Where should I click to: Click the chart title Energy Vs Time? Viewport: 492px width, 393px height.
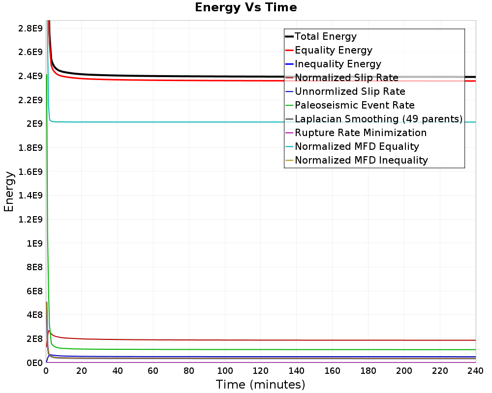[246, 7]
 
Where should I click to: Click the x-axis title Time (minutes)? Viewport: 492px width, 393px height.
[260, 384]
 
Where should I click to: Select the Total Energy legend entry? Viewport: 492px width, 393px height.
[325, 36]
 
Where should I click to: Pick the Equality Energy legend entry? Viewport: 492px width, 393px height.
[333, 50]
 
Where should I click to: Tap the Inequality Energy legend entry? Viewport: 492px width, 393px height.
[338, 64]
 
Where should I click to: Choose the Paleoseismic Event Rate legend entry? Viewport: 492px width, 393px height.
[354, 105]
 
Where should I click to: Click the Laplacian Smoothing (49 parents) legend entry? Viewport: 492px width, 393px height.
[378, 119]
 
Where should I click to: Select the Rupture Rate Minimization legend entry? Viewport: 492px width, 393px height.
[361, 133]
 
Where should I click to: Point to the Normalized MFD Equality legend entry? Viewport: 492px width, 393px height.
[357, 146]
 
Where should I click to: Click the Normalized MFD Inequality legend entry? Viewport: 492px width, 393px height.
[361, 160]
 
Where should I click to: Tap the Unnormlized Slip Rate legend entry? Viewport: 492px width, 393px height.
[350, 91]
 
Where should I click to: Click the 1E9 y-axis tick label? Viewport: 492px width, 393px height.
[33, 243]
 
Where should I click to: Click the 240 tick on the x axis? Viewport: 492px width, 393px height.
[475, 371]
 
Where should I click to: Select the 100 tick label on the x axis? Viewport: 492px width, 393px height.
[225, 371]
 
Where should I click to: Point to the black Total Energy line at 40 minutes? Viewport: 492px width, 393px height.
[118, 76]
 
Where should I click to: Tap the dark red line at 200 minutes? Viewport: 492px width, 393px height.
[404, 340]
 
